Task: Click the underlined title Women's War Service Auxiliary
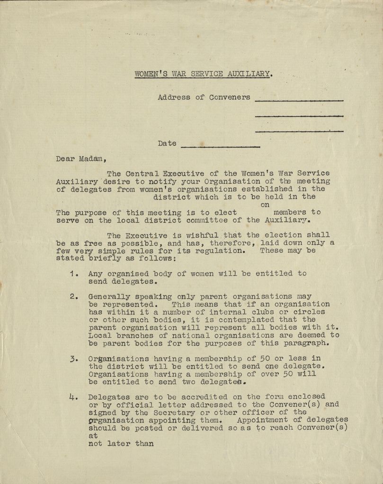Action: click(x=203, y=74)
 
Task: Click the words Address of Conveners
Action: click(x=204, y=97)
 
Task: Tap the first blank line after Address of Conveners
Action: click(x=299, y=100)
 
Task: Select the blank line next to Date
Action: click(x=220, y=146)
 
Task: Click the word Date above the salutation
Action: click(x=167, y=143)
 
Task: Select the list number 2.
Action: click(x=73, y=297)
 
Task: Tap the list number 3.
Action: click(x=73, y=358)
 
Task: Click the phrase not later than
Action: click(x=121, y=443)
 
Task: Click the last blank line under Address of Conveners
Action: click(x=299, y=131)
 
